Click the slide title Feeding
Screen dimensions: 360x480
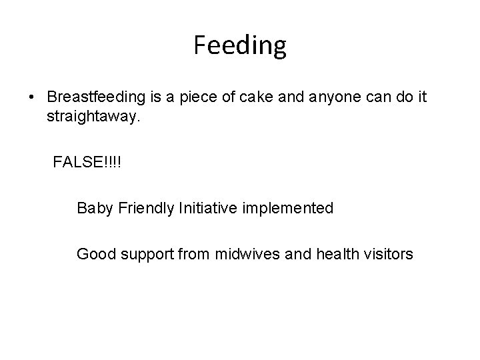coord(240,45)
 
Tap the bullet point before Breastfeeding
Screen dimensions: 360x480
coord(32,97)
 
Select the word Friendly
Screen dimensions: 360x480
coord(147,208)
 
